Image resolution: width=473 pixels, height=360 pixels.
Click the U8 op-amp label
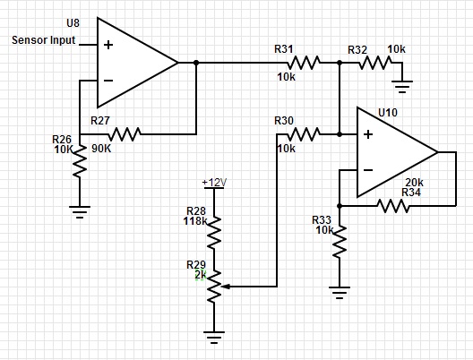click(x=73, y=23)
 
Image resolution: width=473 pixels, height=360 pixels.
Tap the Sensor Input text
click(x=43, y=40)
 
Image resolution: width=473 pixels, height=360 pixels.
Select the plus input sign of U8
click(x=108, y=45)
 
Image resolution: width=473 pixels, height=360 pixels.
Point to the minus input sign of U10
click(x=368, y=170)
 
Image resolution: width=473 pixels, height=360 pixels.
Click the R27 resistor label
click(x=99, y=121)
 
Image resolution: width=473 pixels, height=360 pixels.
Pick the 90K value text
click(x=101, y=149)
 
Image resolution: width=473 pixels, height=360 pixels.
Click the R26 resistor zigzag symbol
click(x=80, y=161)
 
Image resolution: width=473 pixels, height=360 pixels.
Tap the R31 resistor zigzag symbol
click(x=304, y=63)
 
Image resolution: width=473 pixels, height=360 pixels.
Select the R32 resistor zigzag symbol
click(x=375, y=63)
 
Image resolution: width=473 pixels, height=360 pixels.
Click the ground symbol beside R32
click(x=402, y=86)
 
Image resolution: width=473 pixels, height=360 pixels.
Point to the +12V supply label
click(x=214, y=183)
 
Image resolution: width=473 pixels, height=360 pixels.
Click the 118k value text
click(x=195, y=221)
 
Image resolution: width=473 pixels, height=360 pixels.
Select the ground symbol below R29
click(x=214, y=338)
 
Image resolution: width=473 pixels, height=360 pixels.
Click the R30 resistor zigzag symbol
click(x=304, y=134)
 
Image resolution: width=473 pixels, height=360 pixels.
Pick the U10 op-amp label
click(x=388, y=113)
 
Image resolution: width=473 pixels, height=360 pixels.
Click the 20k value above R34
click(x=414, y=183)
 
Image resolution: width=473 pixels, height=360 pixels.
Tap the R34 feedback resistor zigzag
click(x=393, y=206)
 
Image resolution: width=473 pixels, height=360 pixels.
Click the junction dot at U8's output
click(x=196, y=63)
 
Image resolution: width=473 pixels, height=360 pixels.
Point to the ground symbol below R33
click(x=340, y=293)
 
